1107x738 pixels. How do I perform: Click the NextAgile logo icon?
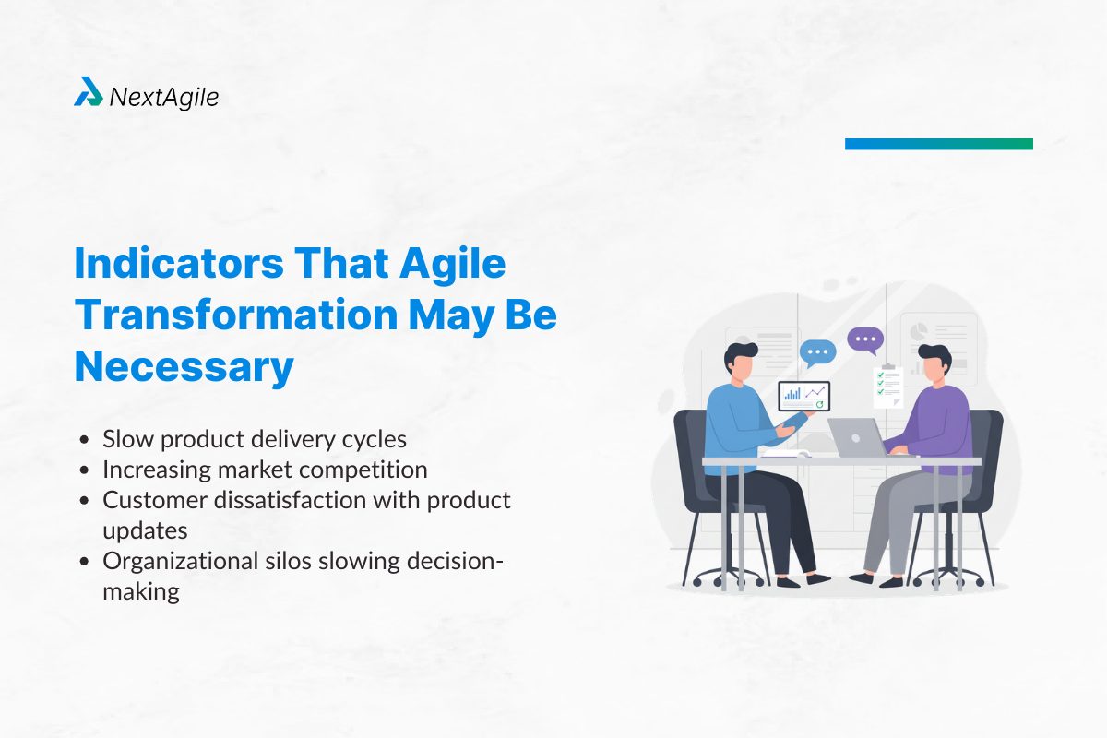[x=88, y=92]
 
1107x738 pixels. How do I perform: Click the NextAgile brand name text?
[x=164, y=96]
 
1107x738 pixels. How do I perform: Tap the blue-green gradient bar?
[x=938, y=144]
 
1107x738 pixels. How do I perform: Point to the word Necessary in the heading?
[x=184, y=367]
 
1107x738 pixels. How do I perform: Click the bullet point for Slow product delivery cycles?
[x=86, y=440]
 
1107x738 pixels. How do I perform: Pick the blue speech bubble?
[x=817, y=351]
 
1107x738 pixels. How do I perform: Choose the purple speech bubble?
[x=864, y=340]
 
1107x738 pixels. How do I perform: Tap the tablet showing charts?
[x=804, y=397]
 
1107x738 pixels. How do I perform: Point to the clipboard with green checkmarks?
[x=888, y=387]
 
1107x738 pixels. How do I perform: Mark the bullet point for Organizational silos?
[x=86, y=561]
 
